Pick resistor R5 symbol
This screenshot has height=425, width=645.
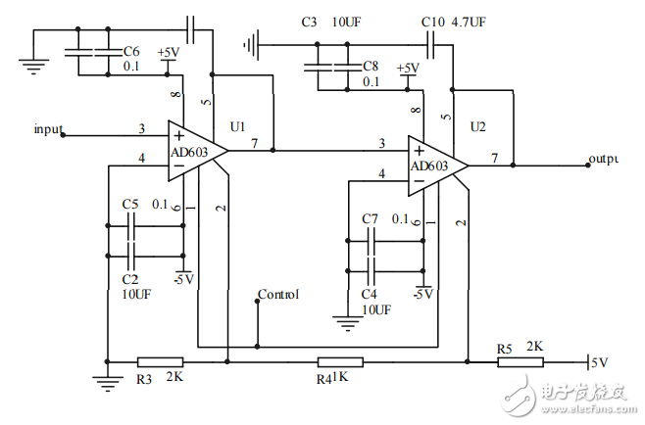[520, 361]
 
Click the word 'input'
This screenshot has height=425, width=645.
[49, 128]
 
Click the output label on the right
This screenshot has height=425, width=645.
[603, 159]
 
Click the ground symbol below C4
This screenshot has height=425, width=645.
[345, 318]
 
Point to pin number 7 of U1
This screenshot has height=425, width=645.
[254, 144]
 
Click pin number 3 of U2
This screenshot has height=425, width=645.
[381, 144]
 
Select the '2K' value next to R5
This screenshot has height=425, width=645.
[535, 348]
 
